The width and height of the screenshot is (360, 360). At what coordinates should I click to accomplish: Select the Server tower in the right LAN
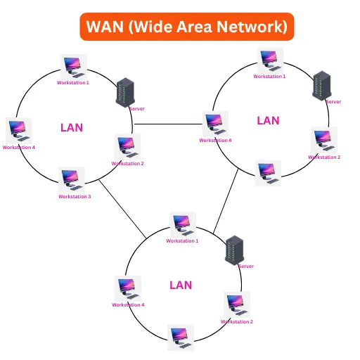(322, 84)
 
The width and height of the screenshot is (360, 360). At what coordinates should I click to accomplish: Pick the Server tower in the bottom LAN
(234, 250)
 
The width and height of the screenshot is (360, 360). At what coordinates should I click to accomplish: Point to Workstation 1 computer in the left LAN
(72, 67)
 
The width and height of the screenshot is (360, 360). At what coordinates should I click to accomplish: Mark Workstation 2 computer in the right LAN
(323, 140)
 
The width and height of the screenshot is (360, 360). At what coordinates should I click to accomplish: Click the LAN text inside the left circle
(72, 127)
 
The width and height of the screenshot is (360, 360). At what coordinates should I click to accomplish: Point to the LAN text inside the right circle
(268, 120)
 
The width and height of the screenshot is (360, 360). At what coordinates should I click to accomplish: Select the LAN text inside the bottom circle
(181, 285)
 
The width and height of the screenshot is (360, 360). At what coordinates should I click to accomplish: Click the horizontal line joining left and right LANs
(169, 124)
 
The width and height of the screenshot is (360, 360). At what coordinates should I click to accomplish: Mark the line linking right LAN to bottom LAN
(224, 203)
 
